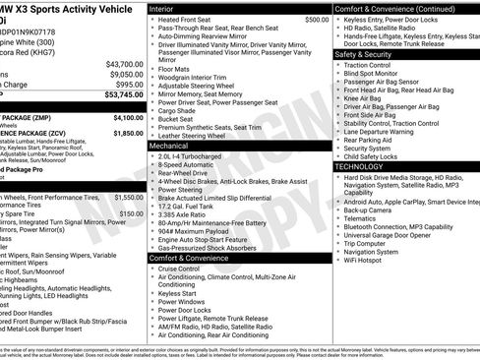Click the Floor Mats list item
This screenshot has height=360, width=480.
pos(176,71)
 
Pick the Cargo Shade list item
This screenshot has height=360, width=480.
pos(180,111)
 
